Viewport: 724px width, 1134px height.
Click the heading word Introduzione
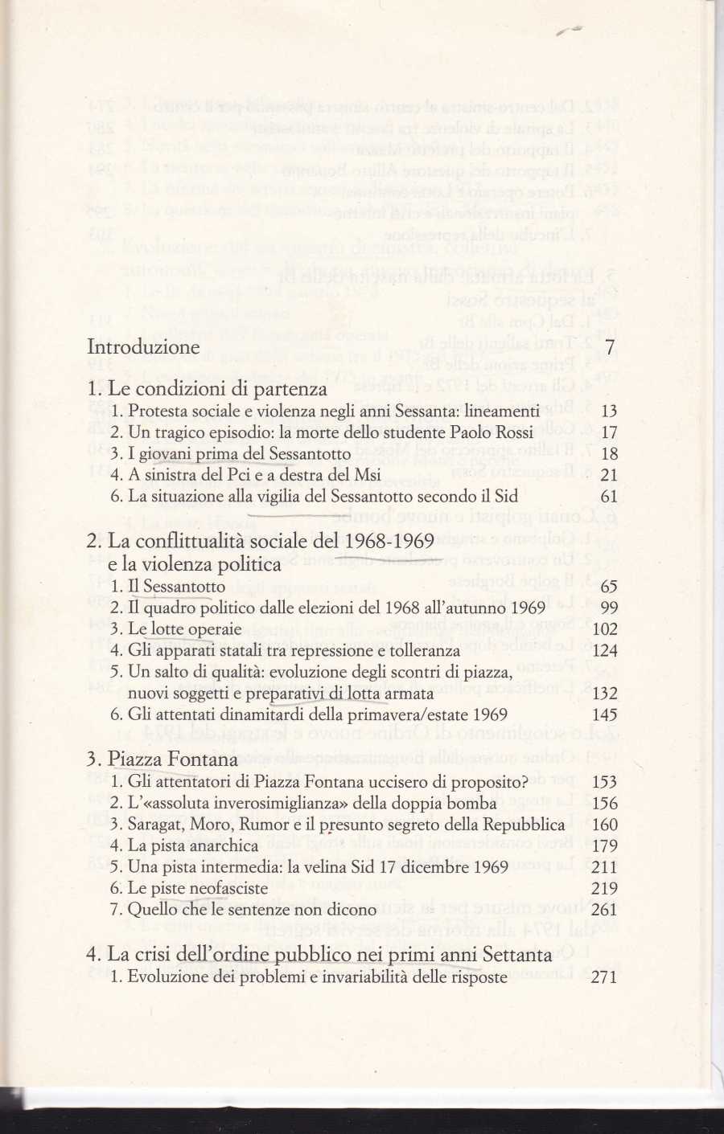click(x=143, y=347)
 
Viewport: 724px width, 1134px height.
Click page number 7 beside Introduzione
click(x=611, y=347)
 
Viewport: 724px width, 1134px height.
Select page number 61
click(x=609, y=497)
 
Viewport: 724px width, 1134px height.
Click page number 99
click(x=609, y=608)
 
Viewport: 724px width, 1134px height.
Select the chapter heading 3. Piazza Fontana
click(x=162, y=759)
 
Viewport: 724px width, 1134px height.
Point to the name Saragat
click(x=155, y=825)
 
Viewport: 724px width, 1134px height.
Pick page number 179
click(x=604, y=845)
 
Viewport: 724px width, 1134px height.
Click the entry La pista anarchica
click(x=193, y=845)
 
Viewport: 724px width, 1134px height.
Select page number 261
click(x=604, y=910)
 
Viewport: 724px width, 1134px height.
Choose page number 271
click(x=604, y=977)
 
